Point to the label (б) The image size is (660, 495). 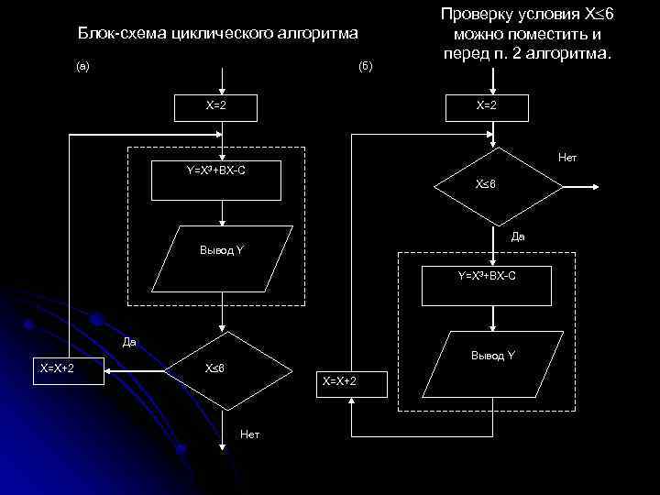[366, 67]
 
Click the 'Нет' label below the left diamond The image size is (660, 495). [248, 433]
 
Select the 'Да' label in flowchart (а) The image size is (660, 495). [129, 343]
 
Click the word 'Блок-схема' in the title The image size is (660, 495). [117, 34]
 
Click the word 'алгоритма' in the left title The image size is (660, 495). [315, 34]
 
